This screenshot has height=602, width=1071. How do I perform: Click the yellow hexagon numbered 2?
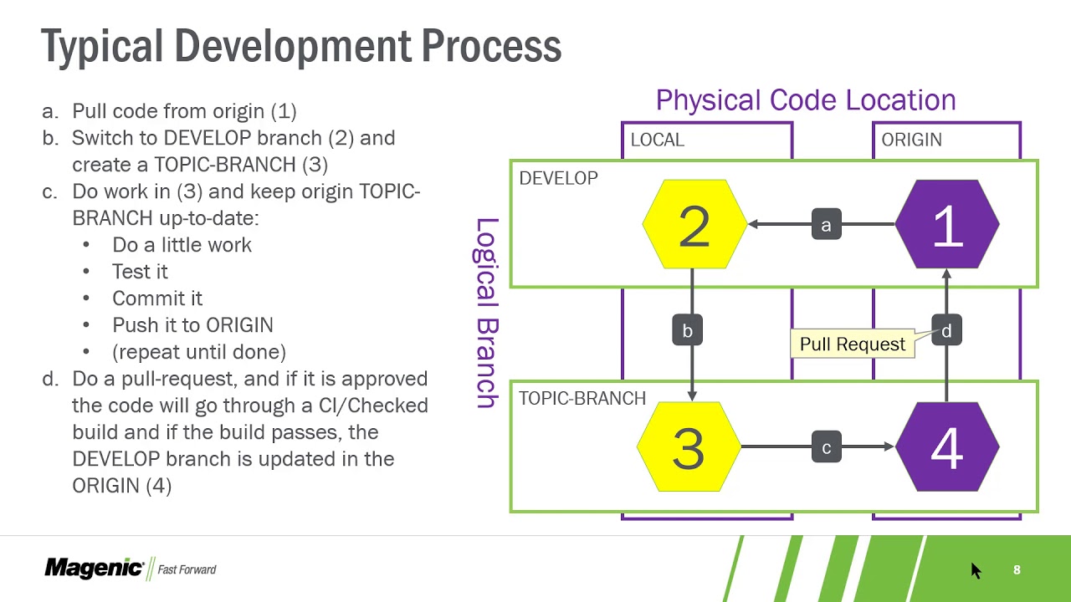click(x=694, y=225)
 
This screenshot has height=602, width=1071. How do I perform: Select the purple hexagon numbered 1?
click(x=946, y=225)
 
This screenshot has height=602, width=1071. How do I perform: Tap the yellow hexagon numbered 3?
click(x=689, y=447)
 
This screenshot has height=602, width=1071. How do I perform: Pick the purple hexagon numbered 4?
click(x=946, y=447)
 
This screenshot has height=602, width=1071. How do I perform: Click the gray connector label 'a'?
click(x=826, y=225)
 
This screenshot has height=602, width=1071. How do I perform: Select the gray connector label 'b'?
click(x=687, y=330)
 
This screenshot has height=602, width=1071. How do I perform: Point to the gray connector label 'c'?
click(x=826, y=447)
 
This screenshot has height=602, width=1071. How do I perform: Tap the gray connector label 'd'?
click(x=946, y=330)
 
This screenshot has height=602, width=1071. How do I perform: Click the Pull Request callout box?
click(x=852, y=344)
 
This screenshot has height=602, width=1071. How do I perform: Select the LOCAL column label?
click(x=657, y=140)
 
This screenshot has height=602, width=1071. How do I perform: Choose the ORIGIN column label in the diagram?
click(x=911, y=140)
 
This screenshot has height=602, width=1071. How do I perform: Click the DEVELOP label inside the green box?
click(x=558, y=178)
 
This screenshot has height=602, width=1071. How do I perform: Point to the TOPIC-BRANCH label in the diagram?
click(x=582, y=398)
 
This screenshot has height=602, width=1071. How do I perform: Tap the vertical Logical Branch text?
click(x=486, y=313)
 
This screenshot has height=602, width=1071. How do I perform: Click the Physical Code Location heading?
click(x=805, y=100)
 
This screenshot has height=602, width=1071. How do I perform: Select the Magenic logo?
click(x=95, y=569)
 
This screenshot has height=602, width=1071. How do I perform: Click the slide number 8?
click(x=1017, y=569)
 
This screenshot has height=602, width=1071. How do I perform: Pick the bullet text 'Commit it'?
click(x=157, y=298)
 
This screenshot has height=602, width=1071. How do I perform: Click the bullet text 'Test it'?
click(x=140, y=272)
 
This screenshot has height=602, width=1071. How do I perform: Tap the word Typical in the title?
click(x=101, y=46)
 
